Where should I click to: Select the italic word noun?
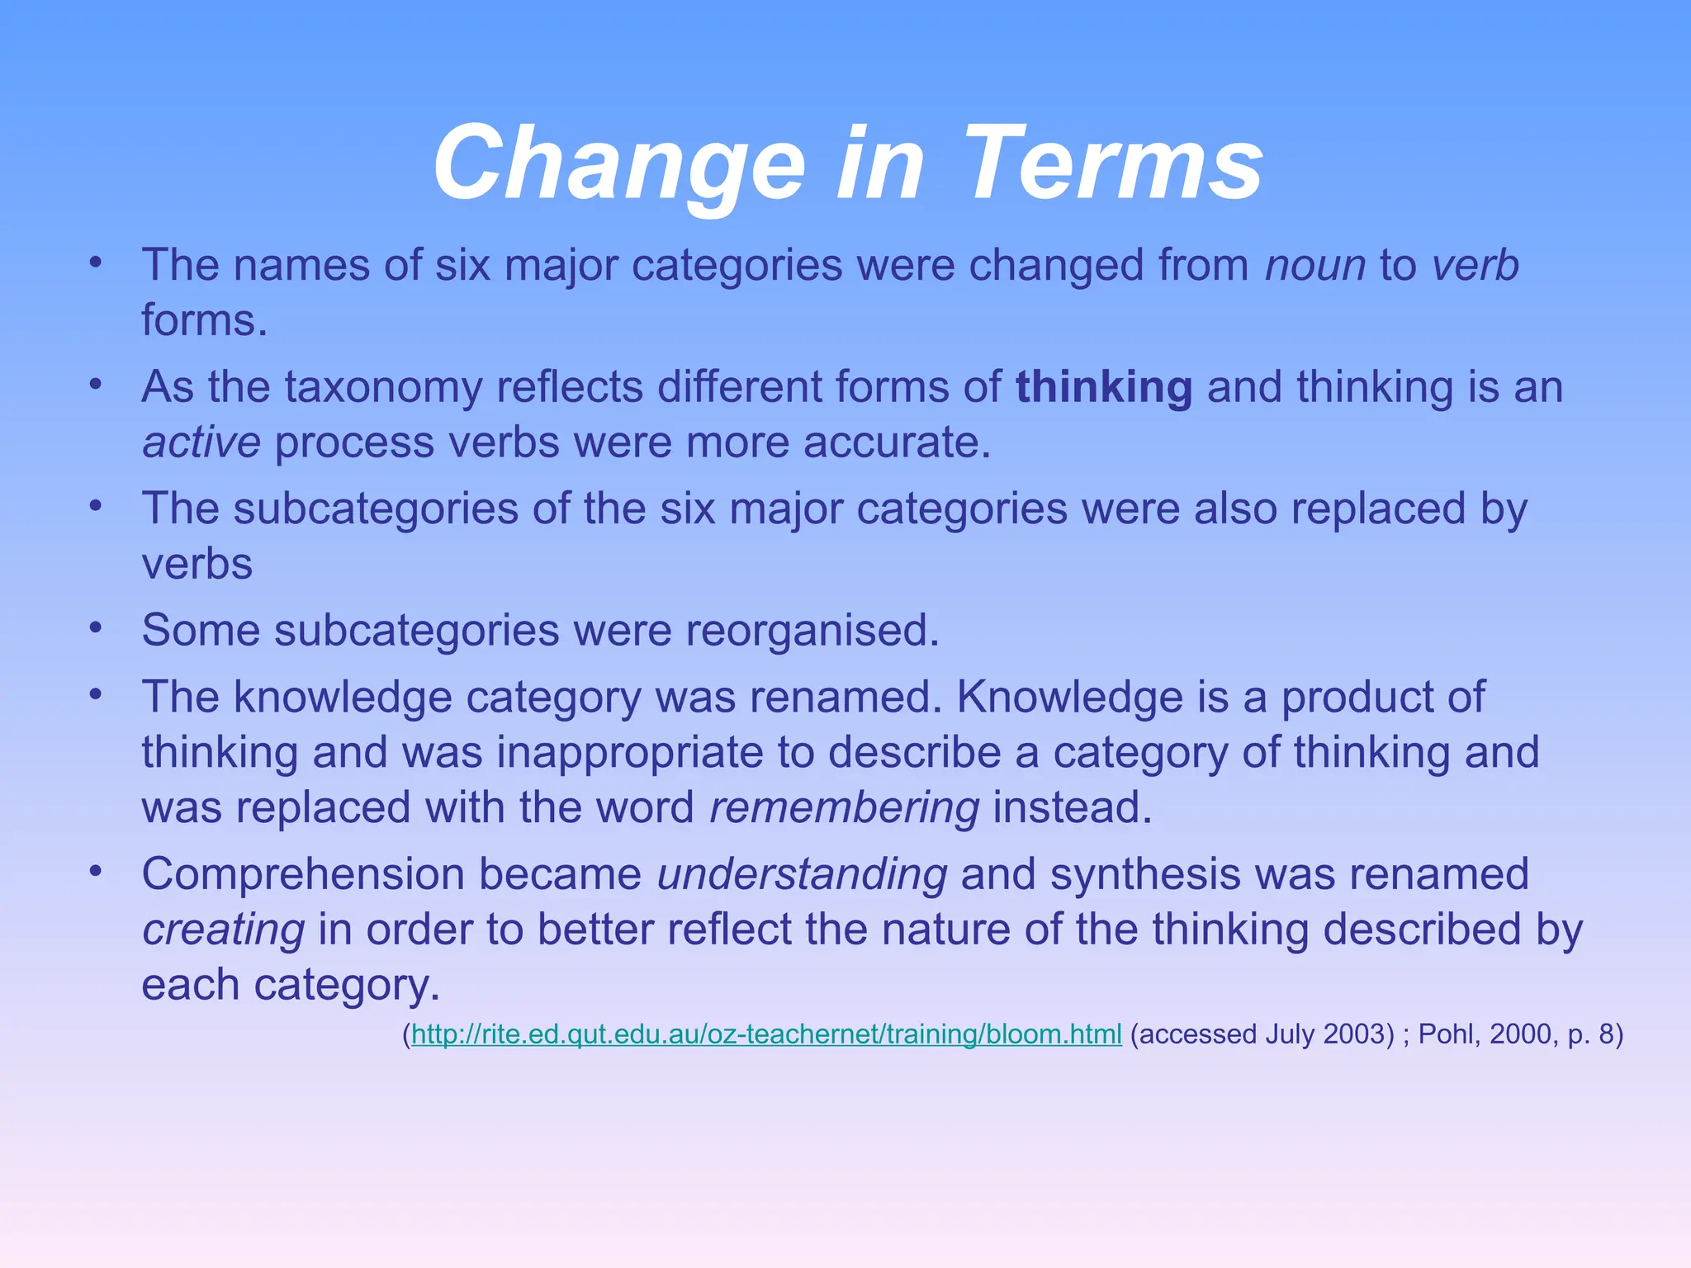[x=1315, y=266]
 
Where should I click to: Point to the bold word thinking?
[x=1103, y=387]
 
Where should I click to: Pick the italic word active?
[x=201, y=443]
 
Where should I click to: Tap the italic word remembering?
[x=844, y=808]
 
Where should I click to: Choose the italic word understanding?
[x=802, y=875]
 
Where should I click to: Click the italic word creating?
[x=223, y=930]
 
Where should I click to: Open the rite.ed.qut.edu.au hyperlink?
[x=766, y=1034]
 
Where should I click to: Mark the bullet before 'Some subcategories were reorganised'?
[x=96, y=629]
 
